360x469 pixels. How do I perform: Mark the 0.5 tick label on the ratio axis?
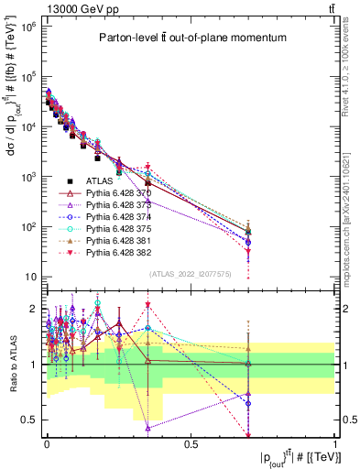coord(29,420)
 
